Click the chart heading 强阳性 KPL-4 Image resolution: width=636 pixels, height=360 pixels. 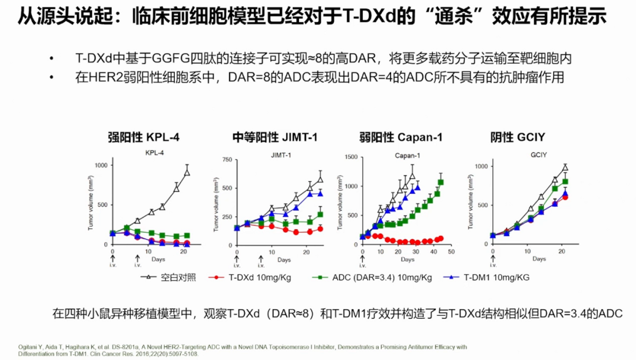tap(144, 138)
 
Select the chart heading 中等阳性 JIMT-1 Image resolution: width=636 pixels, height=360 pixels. tap(275, 138)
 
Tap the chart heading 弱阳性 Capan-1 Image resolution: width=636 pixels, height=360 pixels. tap(401, 138)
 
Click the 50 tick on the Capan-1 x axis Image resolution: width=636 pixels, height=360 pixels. tap(450, 251)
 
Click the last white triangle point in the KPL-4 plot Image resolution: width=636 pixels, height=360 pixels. tap(187, 172)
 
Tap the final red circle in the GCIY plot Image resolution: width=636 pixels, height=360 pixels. tap(565, 197)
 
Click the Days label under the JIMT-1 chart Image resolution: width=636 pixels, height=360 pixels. tap(284, 259)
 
